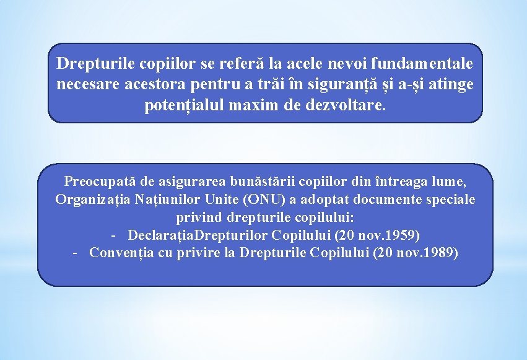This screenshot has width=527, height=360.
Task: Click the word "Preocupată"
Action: click(100, 182)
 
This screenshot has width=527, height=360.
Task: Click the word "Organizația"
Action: click(91, 200)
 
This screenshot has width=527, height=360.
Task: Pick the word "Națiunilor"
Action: click(162, 200)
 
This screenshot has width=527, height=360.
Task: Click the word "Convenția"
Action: click(118, 253)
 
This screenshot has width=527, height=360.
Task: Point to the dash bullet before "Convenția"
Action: click(75, 253)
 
